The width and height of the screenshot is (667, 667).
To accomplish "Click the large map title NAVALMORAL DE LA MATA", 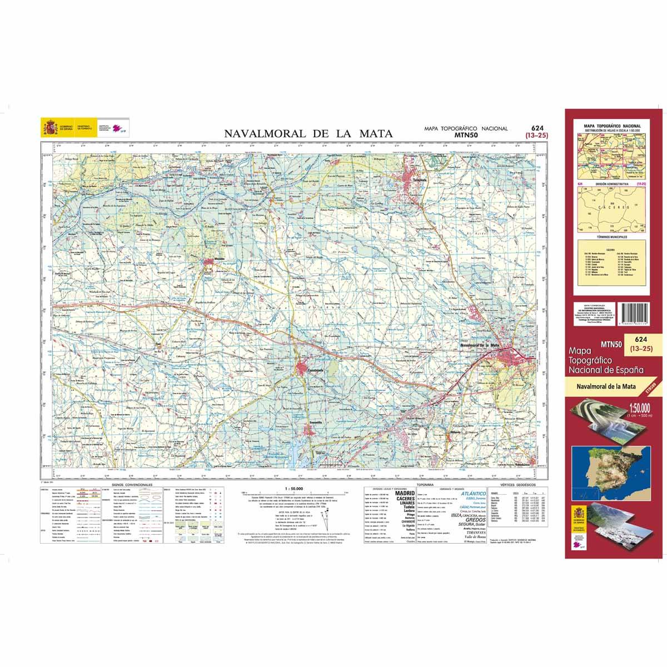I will point(308,133).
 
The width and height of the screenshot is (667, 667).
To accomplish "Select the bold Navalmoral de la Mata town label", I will point(481,346).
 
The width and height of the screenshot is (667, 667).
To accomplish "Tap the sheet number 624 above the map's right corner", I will point(536,127).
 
